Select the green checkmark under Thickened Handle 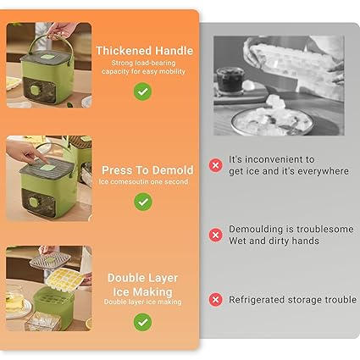click(142, 91)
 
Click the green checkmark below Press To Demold click(143, 202)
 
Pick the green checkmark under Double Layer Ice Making click(142, 322)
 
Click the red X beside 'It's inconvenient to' click(216, 165)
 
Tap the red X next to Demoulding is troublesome click(216, 235)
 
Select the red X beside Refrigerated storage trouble click(216, 300)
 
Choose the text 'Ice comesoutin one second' click(143, 181)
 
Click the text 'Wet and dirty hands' click(274, 241)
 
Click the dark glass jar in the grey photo click(230, 80)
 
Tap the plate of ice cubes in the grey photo click(272, 121)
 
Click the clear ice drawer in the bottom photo click(43, 321)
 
